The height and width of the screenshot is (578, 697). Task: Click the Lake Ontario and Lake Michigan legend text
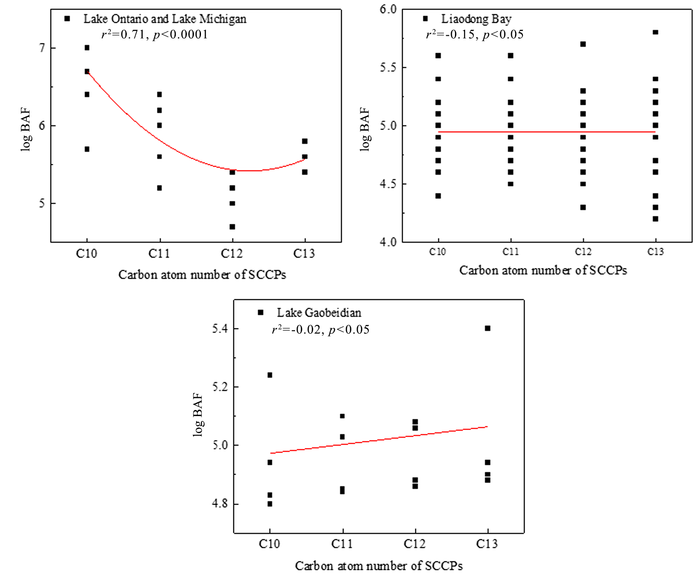point(165,19)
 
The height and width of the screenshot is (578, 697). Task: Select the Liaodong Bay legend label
point(476,19)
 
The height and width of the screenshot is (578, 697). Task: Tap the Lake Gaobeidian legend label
point(319,313)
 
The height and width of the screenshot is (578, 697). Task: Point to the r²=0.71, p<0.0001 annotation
point(155,35)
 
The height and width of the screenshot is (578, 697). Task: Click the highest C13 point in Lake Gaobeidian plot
point(488,328)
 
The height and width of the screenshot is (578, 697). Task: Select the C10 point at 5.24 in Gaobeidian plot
point(270,375)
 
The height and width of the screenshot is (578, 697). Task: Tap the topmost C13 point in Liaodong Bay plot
point(655,32)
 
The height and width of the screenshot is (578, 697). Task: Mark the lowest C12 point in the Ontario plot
point(232,227)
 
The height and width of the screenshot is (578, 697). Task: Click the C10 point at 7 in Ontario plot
point(87,48)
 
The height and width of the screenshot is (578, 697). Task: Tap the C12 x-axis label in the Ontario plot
point(232,254)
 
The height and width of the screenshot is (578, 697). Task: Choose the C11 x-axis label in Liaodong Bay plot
point(511,252)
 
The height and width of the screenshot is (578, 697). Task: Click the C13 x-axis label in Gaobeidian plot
point(487,544)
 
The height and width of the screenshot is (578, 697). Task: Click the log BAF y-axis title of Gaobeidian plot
point(199,415)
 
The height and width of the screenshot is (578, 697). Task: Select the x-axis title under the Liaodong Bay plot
point(543,270)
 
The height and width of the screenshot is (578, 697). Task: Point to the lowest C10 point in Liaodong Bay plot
point(438,196)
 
